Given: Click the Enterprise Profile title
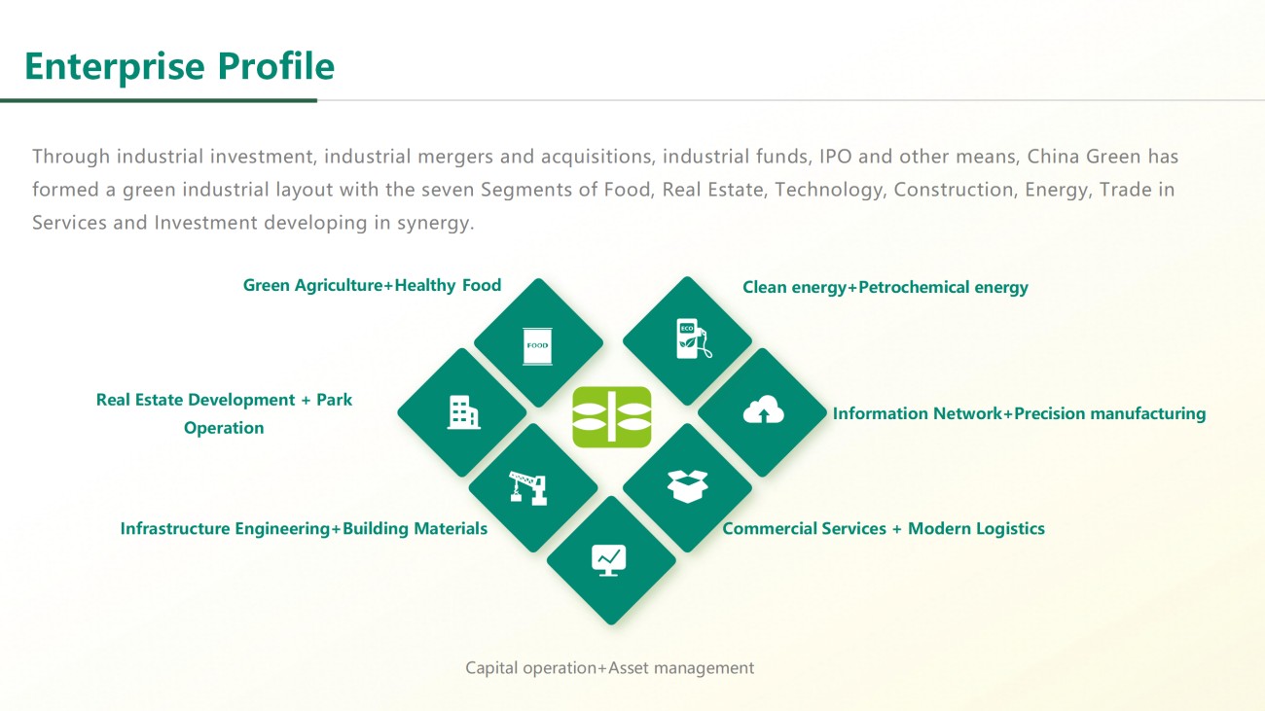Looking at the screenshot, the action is coord(180,66).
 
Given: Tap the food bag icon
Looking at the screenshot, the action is coord(537,346).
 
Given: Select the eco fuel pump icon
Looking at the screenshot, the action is coord(694,338).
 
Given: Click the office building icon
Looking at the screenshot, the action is coord(463,412).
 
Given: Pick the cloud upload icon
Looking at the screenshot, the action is coord(764,409).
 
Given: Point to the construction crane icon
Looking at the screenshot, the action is coord(528,488).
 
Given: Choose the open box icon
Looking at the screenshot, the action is coord(687,486).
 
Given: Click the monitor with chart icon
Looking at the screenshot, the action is coord(609,560).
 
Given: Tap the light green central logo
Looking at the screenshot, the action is coord(612,417).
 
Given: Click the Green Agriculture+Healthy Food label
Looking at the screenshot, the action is coord(372,286).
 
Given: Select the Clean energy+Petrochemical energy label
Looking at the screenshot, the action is coord(885,287).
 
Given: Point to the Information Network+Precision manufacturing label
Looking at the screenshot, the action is coord(1020,413).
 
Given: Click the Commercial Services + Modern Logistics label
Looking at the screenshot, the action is coord(884,529).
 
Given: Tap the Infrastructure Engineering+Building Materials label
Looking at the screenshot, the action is coord(304,529).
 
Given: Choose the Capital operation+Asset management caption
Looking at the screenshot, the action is coord(610,668).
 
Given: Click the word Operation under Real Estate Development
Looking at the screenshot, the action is coord(224,428).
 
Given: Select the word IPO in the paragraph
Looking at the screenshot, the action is coord(835,157).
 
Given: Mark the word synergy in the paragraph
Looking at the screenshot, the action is coord(435,224).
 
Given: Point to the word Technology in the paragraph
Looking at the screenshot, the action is coord(829,191).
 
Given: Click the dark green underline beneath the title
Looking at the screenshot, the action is coord(159,100).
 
